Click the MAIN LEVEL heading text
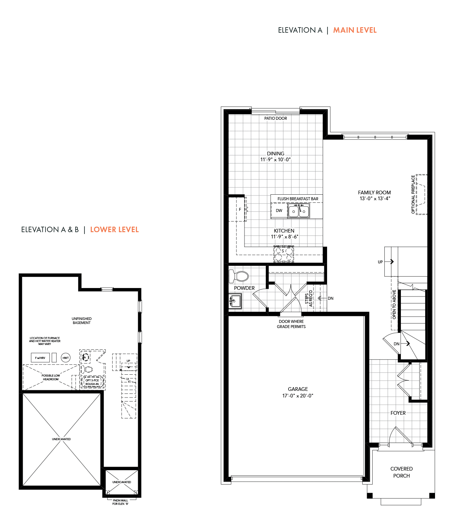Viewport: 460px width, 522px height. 355,30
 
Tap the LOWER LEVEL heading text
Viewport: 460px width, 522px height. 114,230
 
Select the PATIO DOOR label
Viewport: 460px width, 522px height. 275,118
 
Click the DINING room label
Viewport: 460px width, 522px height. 275,153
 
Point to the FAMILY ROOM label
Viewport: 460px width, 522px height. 374,192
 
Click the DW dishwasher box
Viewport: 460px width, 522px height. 279,210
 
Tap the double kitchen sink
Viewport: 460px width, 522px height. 298,211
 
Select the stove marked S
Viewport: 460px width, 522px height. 283,254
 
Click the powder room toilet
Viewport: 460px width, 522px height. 239,276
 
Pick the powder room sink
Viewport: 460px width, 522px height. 235,301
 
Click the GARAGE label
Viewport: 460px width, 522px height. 298,389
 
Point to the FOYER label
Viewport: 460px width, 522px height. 398,413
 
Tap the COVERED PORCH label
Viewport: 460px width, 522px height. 401,472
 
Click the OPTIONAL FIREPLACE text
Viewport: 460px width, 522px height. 413,195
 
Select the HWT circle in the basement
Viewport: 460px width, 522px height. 66,358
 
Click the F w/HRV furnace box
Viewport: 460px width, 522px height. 40,358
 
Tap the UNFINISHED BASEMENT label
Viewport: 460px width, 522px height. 82,321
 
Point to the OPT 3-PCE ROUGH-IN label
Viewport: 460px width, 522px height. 92,382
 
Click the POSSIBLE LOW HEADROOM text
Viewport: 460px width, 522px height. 51,377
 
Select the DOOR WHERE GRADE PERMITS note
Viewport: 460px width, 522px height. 291,324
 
